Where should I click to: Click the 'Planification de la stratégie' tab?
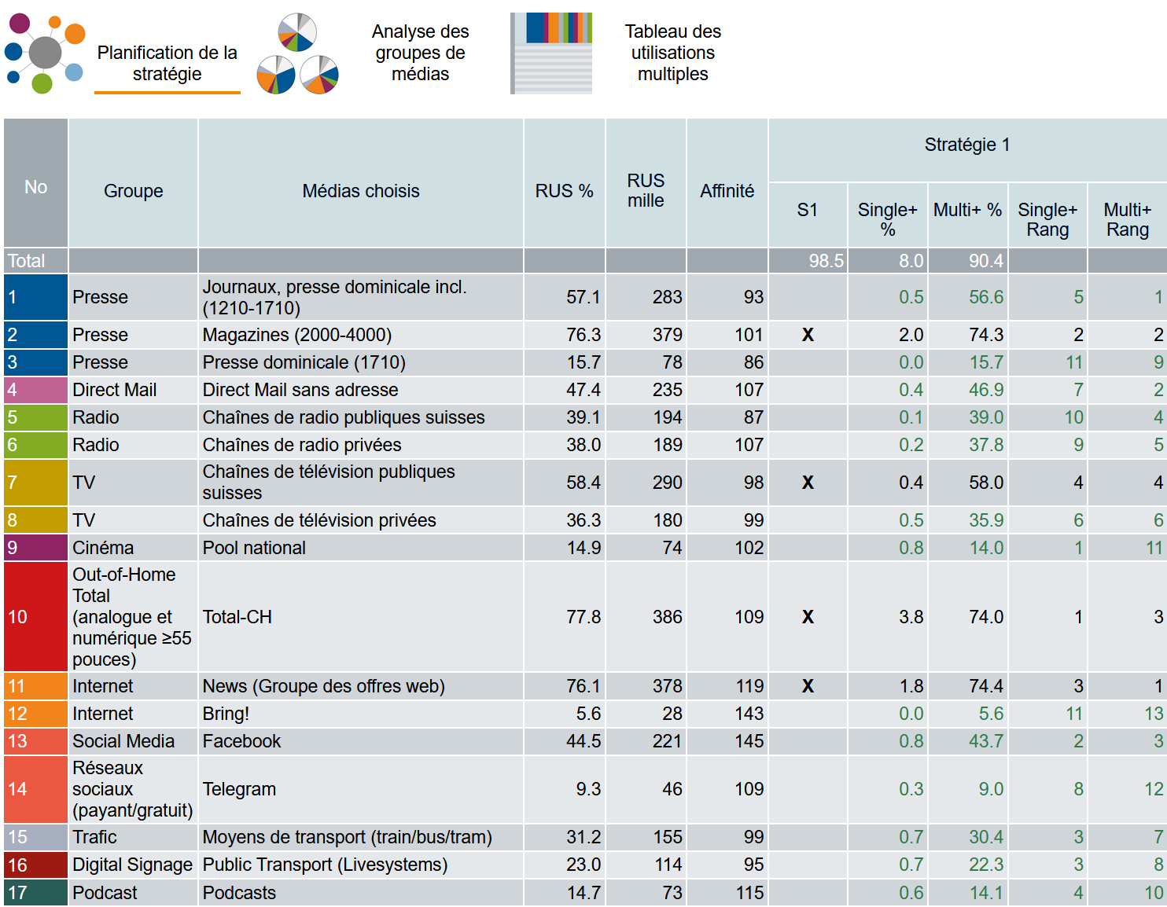(167, 63)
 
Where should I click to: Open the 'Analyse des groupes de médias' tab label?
(420, 53)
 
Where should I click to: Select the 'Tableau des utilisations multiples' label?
(672, 53)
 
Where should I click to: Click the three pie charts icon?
(297, 53)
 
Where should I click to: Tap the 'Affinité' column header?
(727, 191)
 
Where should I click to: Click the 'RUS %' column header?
(564, 191)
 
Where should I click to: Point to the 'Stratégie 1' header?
(966, 145)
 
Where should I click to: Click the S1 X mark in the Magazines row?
(808, 335)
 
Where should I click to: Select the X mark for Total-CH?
(808, 617)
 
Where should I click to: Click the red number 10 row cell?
(35, 617)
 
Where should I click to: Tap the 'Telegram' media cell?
(239, 789)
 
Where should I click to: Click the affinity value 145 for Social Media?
(749, 741)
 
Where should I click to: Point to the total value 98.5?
(826, 261)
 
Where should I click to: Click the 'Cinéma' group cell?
(103, 548)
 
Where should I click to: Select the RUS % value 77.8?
(583, 617)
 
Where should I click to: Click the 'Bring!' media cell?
(226, 714)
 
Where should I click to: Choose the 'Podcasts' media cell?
(239, 893)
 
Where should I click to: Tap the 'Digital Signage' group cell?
(132, 865)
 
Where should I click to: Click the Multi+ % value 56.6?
(985, 297)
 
